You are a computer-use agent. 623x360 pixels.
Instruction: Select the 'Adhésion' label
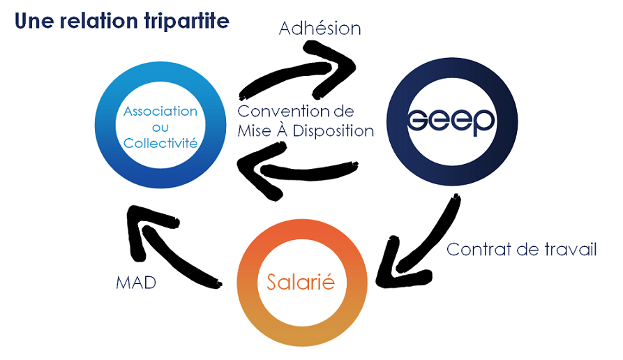(320, 28)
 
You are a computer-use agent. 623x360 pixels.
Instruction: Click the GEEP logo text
(451, 121)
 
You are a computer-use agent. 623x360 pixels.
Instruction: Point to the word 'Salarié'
(301, 282)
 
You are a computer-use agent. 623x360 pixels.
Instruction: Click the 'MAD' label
(136, 283)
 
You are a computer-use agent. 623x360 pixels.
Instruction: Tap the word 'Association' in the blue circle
(160, 111)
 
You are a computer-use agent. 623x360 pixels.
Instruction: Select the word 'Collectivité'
(160, 143)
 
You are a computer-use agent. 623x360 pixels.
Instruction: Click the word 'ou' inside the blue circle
(160, 128)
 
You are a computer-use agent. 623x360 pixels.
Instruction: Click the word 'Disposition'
(333, 130)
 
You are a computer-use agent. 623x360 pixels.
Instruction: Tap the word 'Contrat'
(479, 250)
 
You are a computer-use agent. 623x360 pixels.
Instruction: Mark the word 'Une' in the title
(34, 21)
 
